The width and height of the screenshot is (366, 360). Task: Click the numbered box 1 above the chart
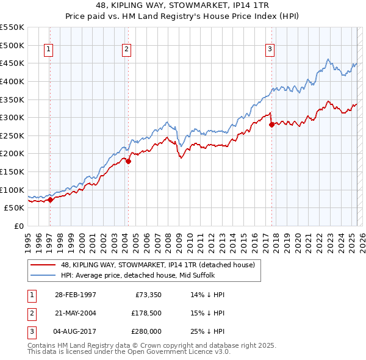coord(48,50)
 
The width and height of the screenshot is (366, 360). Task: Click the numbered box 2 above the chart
coord(126,50)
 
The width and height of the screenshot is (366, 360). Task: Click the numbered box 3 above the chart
coord(270,50)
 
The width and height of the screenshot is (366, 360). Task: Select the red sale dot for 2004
coord(128,161)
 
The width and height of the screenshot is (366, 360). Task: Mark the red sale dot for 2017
coord(271,124)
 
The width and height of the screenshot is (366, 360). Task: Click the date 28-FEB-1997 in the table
coord(75,295)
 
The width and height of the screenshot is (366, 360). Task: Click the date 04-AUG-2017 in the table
coord(75,331)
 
